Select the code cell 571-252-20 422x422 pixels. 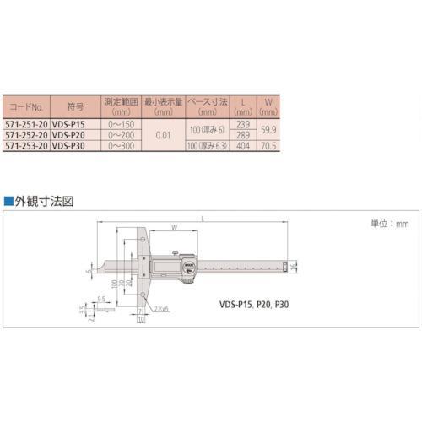28,134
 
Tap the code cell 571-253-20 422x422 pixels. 28,144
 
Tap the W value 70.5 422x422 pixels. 270,144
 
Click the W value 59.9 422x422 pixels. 270,130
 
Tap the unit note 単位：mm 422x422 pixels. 390,225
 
